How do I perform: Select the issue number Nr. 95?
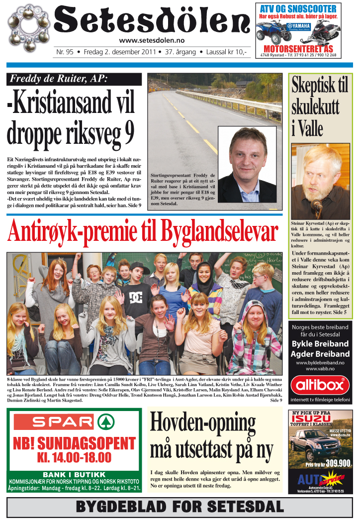65,52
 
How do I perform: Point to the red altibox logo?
320,385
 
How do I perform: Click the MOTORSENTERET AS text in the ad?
298,49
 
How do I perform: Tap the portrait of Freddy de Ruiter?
247,164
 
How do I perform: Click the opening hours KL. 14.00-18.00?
74,456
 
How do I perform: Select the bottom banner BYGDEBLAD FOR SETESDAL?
180,507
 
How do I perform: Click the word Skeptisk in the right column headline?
320,86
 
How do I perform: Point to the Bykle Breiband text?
320,344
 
